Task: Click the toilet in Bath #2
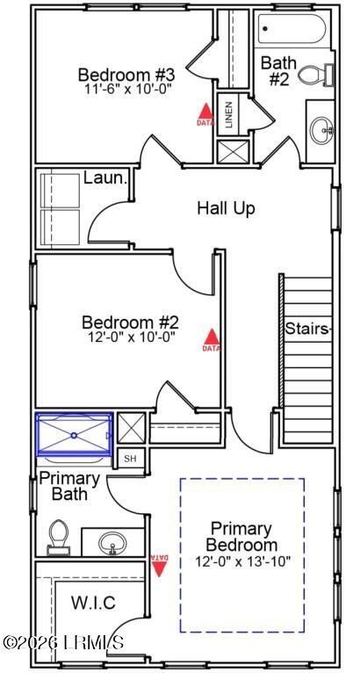(x=314, y=75)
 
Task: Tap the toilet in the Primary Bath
(x=58, y=536)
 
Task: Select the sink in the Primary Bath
(x=112, y=542)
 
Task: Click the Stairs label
(x=307, y=329)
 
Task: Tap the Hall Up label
(x=226, y=208)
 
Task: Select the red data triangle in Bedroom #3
(x=204, y=112)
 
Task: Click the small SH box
(x=130, y=458)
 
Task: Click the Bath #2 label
(x=278, y=69)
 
